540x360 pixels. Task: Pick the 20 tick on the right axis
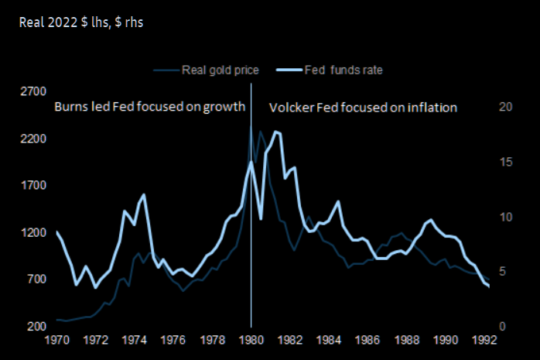click(x=505, y=107)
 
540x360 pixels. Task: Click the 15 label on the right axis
click(x=505, y=162)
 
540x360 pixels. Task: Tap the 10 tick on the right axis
click(x=505, y=217)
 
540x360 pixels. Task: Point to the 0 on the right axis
click(x=502, y=327)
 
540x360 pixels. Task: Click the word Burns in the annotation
click(x=70, y=107)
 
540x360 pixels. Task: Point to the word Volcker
click(x=291, y=107)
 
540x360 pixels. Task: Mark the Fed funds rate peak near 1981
click(x=276, y=132)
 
